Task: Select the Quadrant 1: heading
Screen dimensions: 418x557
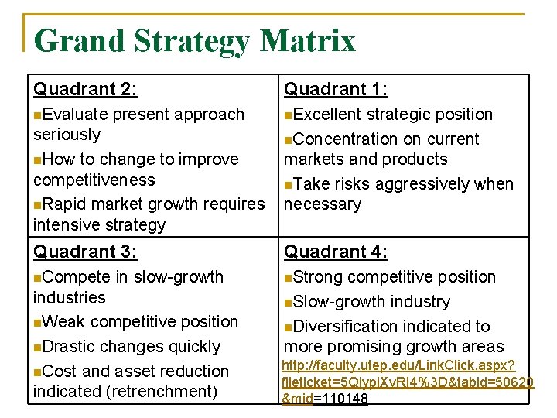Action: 336,90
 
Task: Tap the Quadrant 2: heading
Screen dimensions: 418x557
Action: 85,90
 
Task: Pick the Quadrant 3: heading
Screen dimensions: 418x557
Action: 85,252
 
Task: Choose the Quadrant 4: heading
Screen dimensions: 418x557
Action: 336,252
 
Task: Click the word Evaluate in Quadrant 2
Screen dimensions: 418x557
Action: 76,115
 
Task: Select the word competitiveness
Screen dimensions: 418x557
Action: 94,180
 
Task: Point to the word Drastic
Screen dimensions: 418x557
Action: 71,347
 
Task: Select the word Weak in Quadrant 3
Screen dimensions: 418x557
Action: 65,322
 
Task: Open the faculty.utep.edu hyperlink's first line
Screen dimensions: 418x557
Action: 398,365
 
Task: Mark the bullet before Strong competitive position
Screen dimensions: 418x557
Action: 288,277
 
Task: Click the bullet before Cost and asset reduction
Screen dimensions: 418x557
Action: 37,372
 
